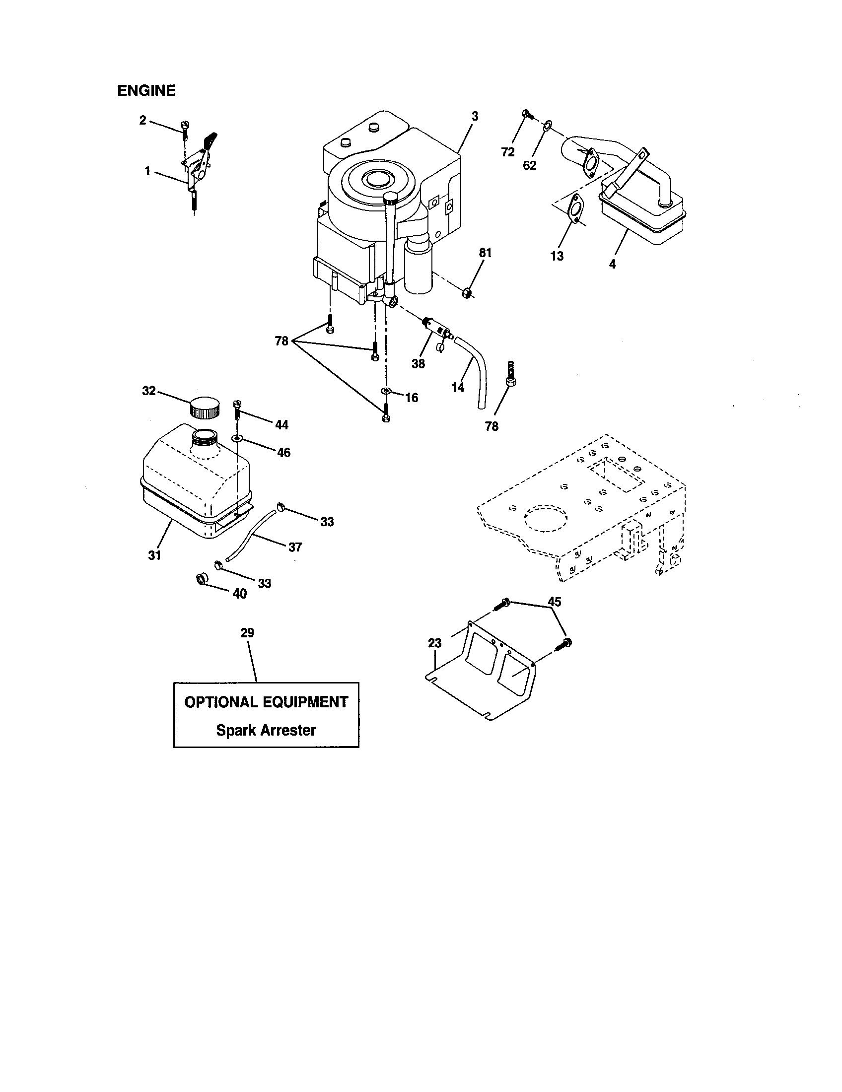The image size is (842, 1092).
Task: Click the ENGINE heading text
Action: point(146,90)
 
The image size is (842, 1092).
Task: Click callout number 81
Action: point(486,253)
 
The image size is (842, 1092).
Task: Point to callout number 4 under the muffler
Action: point(613,264)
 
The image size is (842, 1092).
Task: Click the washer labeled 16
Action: point(385,390)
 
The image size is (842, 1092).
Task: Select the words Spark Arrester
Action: point(266,730)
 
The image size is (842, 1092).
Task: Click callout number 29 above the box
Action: point(247,633)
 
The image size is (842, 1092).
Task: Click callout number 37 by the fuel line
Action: point(295,547)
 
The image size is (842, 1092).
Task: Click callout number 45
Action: point(554,602)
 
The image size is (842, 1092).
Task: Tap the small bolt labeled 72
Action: point(525,115)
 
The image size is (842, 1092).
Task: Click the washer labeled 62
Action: point(547,124)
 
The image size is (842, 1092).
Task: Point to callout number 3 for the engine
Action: point(475,116)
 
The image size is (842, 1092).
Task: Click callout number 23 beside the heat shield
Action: point(434,643)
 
